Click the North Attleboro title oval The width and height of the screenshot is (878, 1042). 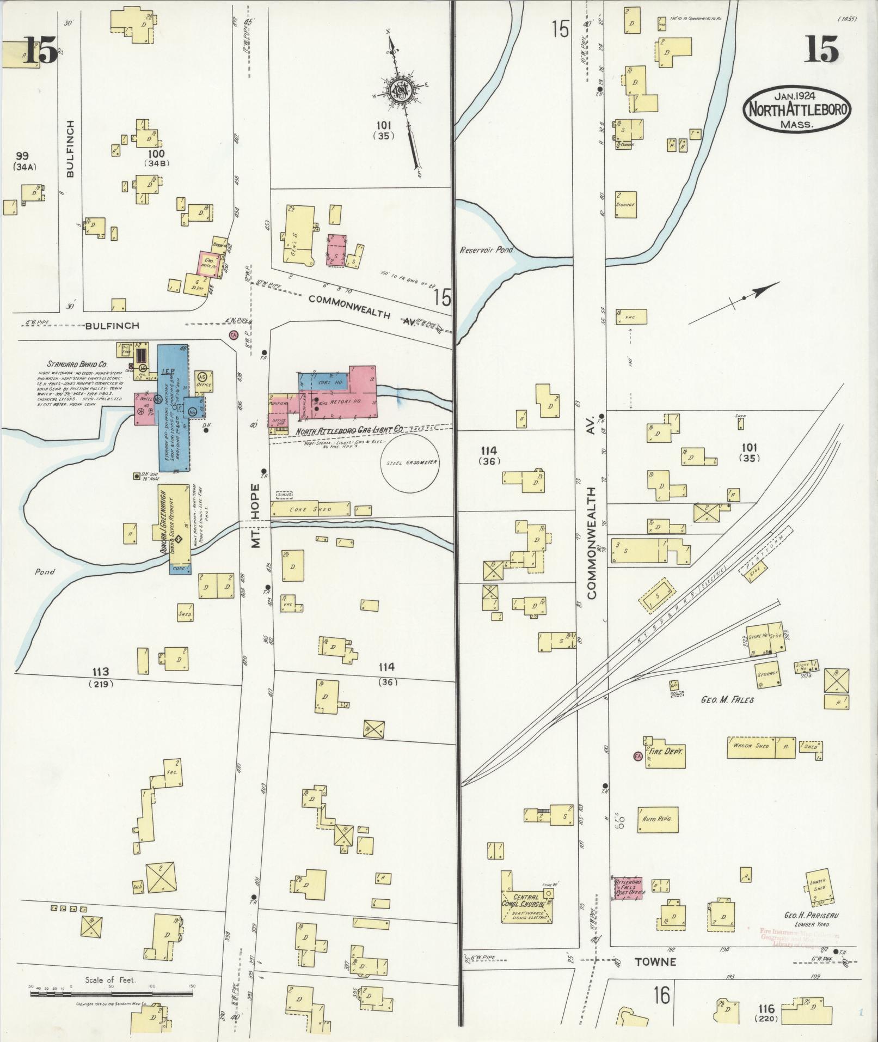click(797, 109)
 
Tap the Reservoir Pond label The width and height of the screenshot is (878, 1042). click(483, 250)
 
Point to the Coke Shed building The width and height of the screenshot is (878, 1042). click(311, 509)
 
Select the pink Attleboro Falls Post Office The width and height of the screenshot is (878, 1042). click(628, 888)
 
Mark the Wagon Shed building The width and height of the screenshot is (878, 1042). click(751, 747)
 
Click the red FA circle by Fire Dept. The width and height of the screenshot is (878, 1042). click(637, 756)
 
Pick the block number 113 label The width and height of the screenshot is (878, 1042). click(101, 672)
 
